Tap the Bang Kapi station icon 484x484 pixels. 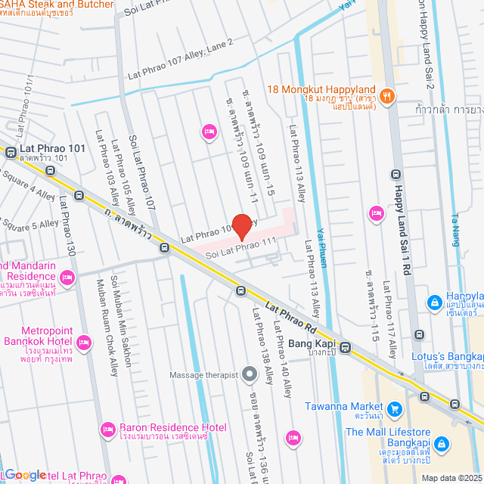pos(345,348)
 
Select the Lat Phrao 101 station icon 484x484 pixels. pos(11,152)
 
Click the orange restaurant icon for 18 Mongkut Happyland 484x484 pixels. pos(386,95)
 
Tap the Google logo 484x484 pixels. pos(25,475)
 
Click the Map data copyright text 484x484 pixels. pos(451,477)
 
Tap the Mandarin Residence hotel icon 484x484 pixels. pos(67,278)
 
